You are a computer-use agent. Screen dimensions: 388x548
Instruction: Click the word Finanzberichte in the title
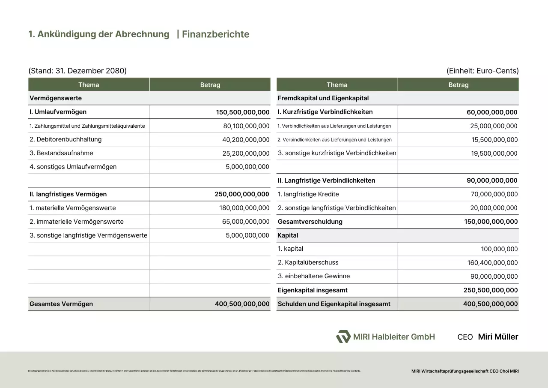(215, 34)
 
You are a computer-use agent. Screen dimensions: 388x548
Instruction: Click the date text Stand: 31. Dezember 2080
(77, 71)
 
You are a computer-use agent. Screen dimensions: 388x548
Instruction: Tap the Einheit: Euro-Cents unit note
(482, 71)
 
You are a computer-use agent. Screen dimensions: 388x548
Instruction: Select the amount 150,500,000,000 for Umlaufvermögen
(243, 112)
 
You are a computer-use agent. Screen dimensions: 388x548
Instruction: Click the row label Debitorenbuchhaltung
(66, 139)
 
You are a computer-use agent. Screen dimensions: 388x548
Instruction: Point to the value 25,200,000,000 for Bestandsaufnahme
(246, 153)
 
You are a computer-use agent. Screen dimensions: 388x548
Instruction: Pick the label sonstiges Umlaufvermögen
(73, 167)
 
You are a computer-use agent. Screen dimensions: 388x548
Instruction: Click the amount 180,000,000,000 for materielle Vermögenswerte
(244, 208)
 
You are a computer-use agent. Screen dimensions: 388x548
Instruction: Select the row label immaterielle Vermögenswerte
(77, 222)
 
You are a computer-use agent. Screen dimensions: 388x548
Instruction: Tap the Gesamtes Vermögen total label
(61, 304)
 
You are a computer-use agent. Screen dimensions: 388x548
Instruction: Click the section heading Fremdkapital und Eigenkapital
(323, 98)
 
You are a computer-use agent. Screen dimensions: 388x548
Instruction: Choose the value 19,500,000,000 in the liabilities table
(494, 153)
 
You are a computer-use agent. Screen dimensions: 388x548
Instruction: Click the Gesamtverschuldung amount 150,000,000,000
(491, 222)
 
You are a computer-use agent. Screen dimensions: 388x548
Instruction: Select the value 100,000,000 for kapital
(499, 249)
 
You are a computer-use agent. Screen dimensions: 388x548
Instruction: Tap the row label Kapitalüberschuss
(308, 262)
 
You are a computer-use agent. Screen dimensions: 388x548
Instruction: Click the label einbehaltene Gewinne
(314, 276)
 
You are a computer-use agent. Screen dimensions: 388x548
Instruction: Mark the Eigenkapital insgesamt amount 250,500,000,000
(491, 290)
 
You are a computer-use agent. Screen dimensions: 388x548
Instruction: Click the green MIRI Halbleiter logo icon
(343, 337)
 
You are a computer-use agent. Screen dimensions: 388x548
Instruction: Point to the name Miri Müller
(498, 337)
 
